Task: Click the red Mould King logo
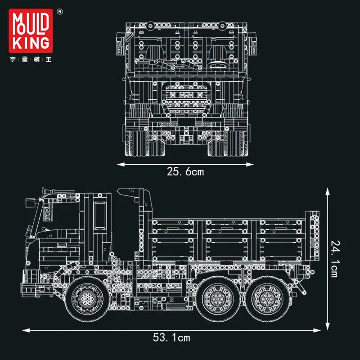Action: [31, 31]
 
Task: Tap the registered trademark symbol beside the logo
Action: [60, 12]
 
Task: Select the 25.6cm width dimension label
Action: [185, 171]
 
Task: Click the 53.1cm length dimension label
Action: [171, 337]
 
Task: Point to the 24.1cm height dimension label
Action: [335, 259]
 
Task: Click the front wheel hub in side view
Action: [87, 298]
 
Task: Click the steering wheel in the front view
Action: [217, 64]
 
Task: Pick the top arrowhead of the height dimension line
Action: [328, 191]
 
